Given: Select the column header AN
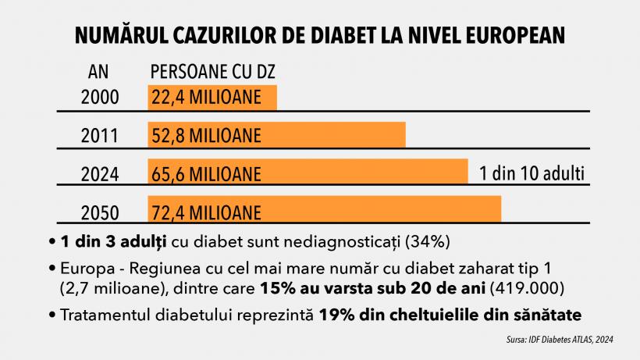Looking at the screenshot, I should tap(98, 73).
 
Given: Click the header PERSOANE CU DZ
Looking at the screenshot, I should tap(212, 73).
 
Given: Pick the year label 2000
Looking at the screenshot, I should tap(99, 98).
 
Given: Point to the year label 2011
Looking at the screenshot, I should tap(99, 135).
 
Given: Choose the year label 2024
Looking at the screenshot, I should tap(99, 173).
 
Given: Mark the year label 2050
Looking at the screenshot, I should tap(99, 212).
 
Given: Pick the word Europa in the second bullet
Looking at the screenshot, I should tap(79, 268).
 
